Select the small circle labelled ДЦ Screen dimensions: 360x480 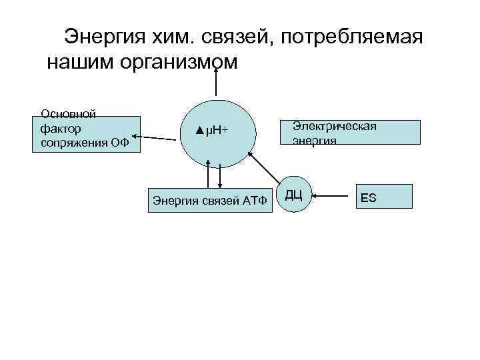tap(295, 195)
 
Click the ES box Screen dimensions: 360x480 tap(384, 197)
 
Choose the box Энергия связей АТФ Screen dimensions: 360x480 tap(210, 199)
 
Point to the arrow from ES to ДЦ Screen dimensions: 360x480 tap(333, 196)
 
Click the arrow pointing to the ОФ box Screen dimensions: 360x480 tap(157, 138)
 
